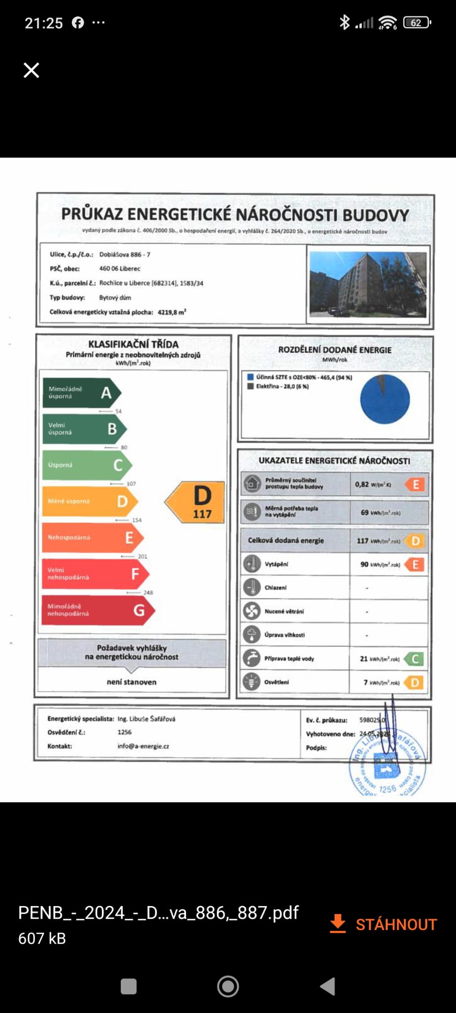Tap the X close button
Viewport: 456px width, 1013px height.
point(31,70)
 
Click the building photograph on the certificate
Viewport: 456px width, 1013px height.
point(367,284)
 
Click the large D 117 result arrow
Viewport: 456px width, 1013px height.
point(196,503)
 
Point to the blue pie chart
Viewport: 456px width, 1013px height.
point(385,399)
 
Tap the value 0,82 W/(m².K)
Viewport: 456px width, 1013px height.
point(372,485)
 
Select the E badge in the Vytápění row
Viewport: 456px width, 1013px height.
point(415,564)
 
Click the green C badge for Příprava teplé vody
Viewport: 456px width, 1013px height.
point(414,659)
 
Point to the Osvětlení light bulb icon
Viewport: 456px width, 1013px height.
point(252,682)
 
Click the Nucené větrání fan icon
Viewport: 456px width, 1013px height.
point(252,611)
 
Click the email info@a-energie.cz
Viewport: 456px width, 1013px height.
point(143,746)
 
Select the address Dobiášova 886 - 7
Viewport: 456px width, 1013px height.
point(125,255)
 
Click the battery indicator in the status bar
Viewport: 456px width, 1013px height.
point(417,23)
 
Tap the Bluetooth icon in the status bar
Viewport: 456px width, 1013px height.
point(344,23)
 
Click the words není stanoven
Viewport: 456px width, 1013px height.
point(132,682)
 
